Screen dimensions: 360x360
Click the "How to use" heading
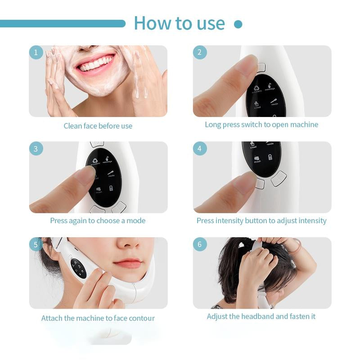pyautogui.click(x=179, y=23)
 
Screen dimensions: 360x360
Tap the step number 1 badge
pyautogui.click(x=36, y=52)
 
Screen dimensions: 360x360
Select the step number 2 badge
pyautogui.click(x=200, y=52)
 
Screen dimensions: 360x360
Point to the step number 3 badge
pyautogui.click(x=36, y=148)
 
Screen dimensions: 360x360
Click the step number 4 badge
pyautogui.click(x=200, y=148)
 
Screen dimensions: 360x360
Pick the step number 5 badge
pyautogui.click(x=36, y=244)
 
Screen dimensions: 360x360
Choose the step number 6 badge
pyautogui.click(x=200, y=244)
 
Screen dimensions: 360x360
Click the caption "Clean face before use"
pyautogui.click(x=98, y=126)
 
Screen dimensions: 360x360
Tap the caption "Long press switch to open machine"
pyautogui.click(x=261, y=125)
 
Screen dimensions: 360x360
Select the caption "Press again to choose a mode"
pyautogui.click(x=98, y=221)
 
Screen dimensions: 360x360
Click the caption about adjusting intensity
pyautogui.click(x=261, y=221)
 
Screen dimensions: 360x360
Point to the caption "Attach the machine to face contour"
pyautogui.click(x=98, y=318)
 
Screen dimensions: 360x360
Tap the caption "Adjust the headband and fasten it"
pyautogui.click(x=261, y=316)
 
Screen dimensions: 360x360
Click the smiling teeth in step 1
pyautogui.click(x=95, y=63)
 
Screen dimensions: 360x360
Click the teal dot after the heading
pyautogui.click(x=238, y=24)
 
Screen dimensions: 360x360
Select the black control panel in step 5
pyautogui.click(x=78, y=268)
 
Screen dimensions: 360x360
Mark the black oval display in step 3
pyautogui.click(x=104, y=177)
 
